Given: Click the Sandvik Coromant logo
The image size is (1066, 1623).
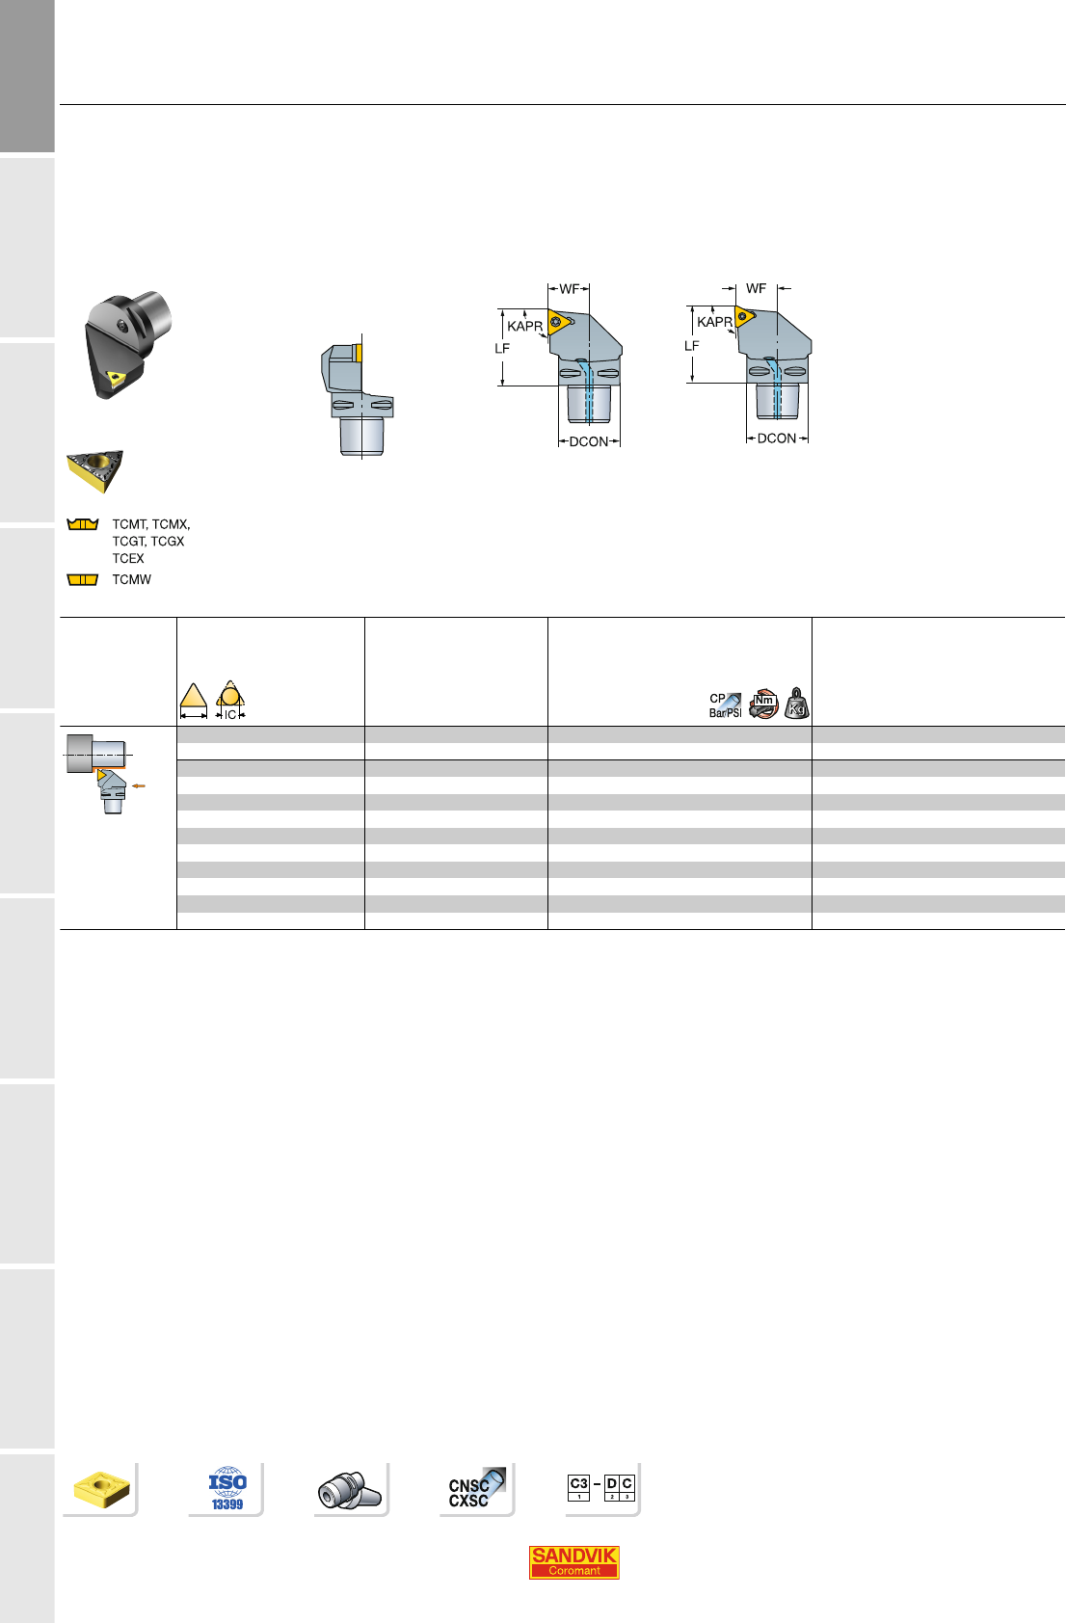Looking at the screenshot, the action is click(573, 1561).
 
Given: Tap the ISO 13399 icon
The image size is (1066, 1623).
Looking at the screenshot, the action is click(227, 1488).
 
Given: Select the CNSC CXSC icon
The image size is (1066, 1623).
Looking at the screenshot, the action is click(476, 1488).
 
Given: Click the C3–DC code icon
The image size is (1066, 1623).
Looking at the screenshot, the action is click(600, 1487).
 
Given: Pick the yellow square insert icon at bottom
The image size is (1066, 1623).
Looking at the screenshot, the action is click(101, 1489).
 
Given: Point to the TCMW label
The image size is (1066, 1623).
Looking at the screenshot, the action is click(131, 579).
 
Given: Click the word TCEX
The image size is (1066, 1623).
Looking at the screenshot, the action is click(128, 559).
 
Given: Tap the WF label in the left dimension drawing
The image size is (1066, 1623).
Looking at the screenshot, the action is click(569, 289).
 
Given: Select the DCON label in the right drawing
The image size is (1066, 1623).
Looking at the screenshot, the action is click(777, 439).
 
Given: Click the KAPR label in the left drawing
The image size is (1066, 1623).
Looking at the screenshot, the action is click(524, 326).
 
